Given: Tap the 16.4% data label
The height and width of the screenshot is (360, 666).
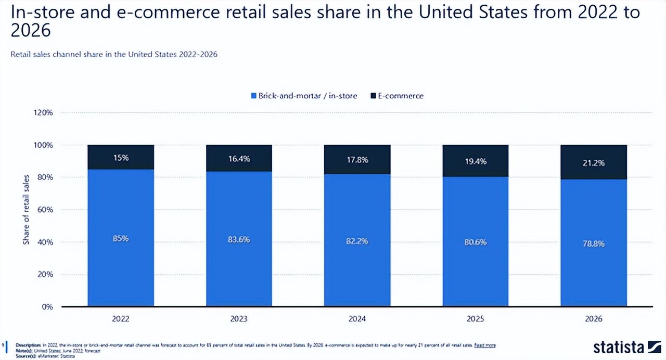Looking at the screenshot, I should click(x=239, y=159).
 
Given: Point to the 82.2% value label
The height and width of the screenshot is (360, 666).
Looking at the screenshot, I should click(x=357, y=240).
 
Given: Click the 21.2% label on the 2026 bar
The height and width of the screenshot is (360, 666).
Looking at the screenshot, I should click(x=594, y=163).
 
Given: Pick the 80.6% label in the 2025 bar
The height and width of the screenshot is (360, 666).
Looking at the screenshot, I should click(x=476, y=241).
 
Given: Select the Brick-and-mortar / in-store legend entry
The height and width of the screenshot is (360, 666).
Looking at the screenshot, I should click(x=304, y=96).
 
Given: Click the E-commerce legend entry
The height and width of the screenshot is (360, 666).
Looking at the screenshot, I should click(x=397, y=96).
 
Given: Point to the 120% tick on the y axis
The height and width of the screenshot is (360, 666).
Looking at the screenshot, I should click(x=44, y=112).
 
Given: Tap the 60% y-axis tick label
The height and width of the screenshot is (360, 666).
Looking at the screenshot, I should click(x=46, y=210).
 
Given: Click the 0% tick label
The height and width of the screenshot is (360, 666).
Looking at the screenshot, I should click(x=47, y=307).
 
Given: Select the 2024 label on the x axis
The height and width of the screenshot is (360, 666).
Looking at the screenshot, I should click(x=357, y=319).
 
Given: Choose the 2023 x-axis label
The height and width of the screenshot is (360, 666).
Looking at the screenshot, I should click(x=239, y=319).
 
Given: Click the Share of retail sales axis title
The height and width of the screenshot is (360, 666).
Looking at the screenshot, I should click(x=26, y=209).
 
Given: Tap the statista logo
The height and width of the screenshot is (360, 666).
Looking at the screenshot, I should click(x=627, y=347).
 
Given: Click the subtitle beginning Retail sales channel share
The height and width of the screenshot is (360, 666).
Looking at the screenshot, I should click(x=114, y=54).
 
